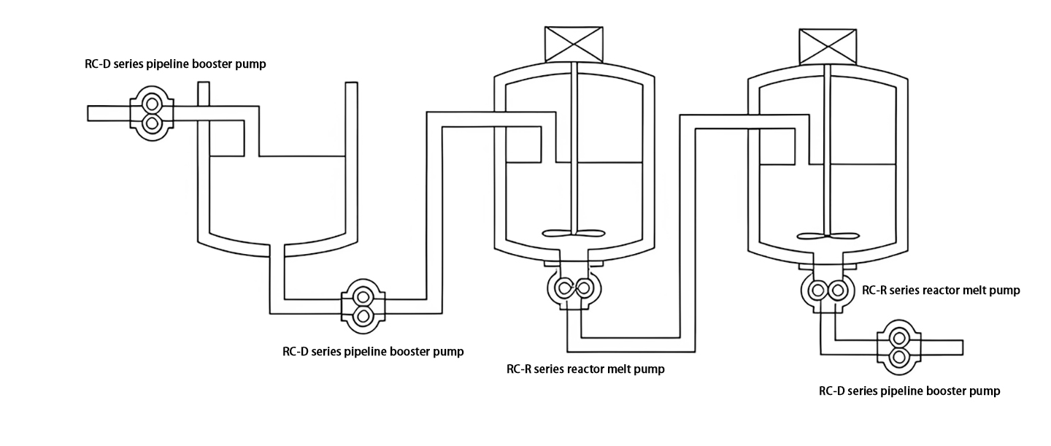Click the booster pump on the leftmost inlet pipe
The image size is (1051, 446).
(x=151, y=112)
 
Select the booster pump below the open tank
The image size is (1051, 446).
(x=362, y=305)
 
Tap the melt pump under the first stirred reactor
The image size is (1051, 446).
(x=575, y=288)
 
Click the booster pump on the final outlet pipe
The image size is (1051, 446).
(x=899, y=347)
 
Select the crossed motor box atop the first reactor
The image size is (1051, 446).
(x=574, y=45)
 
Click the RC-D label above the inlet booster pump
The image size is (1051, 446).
(x=175, y=64)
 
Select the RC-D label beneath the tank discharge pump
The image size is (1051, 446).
(x=373, y=351)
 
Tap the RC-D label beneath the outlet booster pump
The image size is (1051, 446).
(x=909, y=391)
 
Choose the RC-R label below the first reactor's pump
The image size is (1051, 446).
(x=585, y=369)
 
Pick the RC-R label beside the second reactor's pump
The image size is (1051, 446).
(x=941, y=291)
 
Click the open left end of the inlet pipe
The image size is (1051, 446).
(x=89, y=113)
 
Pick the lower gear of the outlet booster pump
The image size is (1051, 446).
(x=899, y=357)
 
